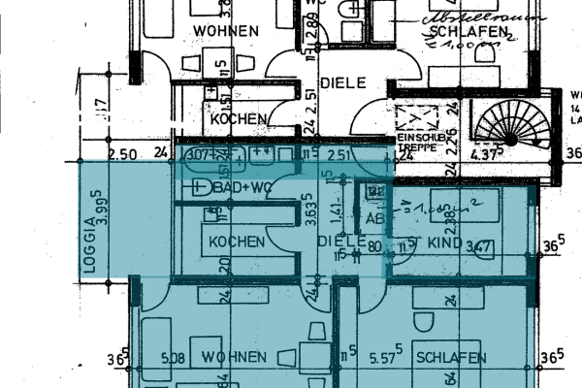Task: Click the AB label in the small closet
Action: tap(374, 220)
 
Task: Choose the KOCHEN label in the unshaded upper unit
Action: tap(238, 118)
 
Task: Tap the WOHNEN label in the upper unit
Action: tap(225, 31)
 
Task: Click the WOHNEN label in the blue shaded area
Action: tap(234, 358)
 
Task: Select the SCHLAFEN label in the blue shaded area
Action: tap(451, 359)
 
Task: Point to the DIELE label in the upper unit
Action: tap(342, 83)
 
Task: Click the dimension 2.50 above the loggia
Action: tap(122, 154)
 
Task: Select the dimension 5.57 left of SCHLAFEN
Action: tap(384, 358)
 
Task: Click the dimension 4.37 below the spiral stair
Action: tap(484, 153)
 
